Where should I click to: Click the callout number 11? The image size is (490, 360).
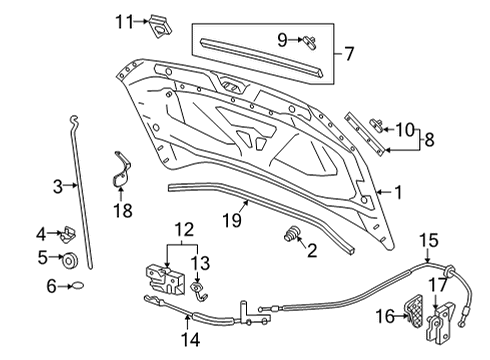pyautogui.click(x=124, y=22)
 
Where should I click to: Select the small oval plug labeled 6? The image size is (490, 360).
pyautogui.click(x=78, y=286)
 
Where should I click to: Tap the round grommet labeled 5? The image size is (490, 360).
pyautogui.click(x=70, y=261)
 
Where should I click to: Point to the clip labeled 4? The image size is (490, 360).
pyautogui.click(x=69, y=234)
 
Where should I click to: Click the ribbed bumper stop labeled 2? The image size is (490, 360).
pyautogui.click(x=292, y=234)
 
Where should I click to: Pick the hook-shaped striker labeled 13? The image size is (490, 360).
pyautogui.click(x=198, y=291)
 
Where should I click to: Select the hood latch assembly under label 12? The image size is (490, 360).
pyautogui.click(x=165, y=279)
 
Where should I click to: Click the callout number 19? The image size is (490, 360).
pyautogui.click(x=232, y=220)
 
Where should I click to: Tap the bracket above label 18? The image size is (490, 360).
pyautogui.click(x=121, y=170)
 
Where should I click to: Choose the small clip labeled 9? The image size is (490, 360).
pyautogui.click(x=310, y=43)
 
